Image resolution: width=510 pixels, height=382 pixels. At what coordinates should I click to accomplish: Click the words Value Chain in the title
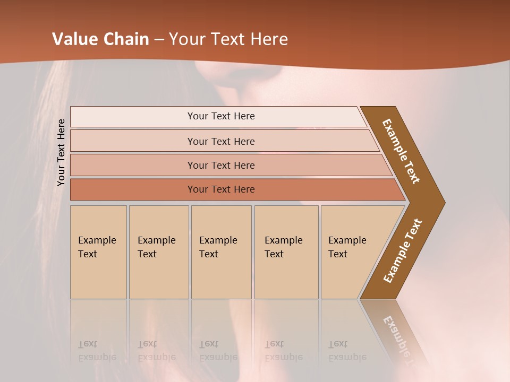[x=100, y=39]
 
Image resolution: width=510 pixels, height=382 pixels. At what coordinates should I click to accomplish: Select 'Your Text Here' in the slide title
[x=228, y=39]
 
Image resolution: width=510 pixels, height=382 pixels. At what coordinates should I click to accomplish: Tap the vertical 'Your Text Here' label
[x=61, y=153]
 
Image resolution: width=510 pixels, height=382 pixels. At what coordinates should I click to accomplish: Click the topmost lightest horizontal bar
[x=220, y=116]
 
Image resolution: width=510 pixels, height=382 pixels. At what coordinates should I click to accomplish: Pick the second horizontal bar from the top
[x=220, y=141]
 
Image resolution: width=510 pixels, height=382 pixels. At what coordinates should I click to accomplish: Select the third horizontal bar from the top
[x=220, y=165]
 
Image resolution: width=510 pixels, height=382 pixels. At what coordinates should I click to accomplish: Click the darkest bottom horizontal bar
[x=220, y=189]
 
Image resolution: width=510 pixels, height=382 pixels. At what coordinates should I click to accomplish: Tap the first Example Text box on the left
[x=98, y=252]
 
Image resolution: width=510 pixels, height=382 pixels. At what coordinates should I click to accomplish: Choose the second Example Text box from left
[x=158, y=252]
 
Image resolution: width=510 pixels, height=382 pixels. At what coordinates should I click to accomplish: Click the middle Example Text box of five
[x=221, y=252]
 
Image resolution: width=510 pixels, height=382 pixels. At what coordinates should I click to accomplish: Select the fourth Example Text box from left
[x=286, y=252]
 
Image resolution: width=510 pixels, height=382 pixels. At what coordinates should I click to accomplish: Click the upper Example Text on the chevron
[x=401, y=151]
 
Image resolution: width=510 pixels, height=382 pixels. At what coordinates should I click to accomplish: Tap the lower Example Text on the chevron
[x=403, y=251]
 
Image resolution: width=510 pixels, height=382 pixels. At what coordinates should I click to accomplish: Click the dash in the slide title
[x=159, y=40]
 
